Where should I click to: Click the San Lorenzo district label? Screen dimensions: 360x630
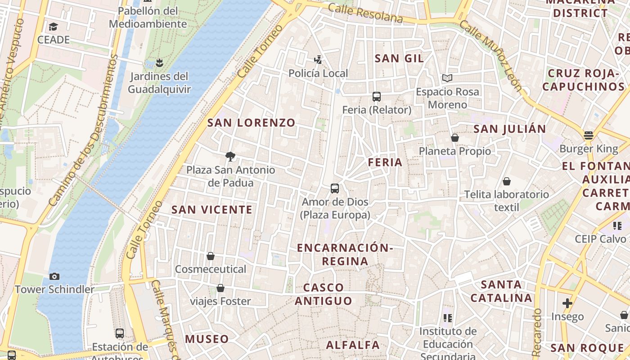251,122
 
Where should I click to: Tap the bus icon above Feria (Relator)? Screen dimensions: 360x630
377,97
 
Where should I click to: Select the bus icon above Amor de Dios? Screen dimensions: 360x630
335,189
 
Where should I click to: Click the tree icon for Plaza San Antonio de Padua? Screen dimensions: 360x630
230,157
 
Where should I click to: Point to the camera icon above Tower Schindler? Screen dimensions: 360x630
54,276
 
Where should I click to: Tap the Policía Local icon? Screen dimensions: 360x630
318,60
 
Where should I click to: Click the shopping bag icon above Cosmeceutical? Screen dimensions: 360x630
210,256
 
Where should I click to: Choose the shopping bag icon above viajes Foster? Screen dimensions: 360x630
220,288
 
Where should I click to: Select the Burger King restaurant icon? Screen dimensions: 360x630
588,135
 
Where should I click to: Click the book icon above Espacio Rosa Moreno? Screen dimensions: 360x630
447,78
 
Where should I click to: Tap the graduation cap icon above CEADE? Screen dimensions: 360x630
54,27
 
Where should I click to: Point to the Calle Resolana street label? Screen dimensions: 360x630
365,13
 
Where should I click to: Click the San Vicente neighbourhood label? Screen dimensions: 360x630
212,210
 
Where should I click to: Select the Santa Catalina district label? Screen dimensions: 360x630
501,291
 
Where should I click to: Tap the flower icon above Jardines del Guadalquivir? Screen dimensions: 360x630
159,62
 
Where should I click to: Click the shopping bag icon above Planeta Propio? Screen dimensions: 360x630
455,138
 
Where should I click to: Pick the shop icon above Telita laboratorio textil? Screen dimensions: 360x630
507,181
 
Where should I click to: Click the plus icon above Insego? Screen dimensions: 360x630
567,303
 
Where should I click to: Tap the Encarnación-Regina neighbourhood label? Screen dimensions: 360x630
345,254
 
